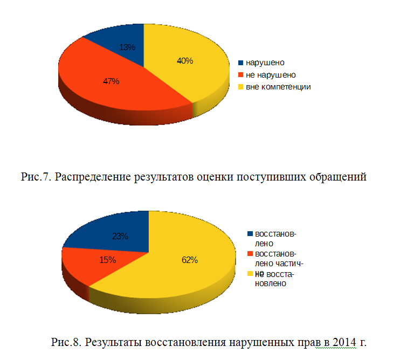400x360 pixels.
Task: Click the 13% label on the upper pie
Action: pos(127,47)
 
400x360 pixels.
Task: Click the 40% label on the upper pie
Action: pos(185,61)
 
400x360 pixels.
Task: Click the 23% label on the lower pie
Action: pos(120,236)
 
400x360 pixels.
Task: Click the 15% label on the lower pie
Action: pos(108,260)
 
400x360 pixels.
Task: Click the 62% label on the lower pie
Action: pos(190,260)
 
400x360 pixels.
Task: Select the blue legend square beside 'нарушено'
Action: pos(241,63)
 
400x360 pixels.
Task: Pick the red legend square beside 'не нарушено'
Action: pos(241,75)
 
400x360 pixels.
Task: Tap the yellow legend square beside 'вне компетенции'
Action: pos(241,87)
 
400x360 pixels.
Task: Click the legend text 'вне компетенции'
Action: pos(278,86)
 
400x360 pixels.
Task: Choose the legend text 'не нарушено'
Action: pos(271,74)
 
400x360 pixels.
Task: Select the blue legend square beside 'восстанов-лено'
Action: pos(250,234)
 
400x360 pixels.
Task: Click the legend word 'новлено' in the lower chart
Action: pos(270,283)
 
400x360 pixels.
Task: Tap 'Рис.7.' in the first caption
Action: pos(37,177)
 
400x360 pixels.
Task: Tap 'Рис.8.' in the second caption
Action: pos(67,342)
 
